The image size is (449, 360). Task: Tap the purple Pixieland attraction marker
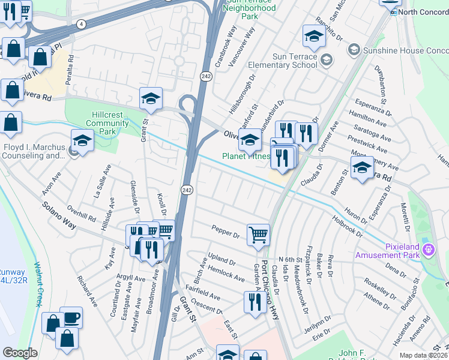click(x=428, y=248)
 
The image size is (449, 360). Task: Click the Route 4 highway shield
click(x=81, y=23)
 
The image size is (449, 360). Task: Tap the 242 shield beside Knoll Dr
click(x=187, y=190)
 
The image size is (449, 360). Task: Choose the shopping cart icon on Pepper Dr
click(x=258, y=235)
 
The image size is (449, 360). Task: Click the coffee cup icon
click(x=71, y=317)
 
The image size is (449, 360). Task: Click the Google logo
click(x=20, y=353)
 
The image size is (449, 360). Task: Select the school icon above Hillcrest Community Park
click(x=151, y=98)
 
